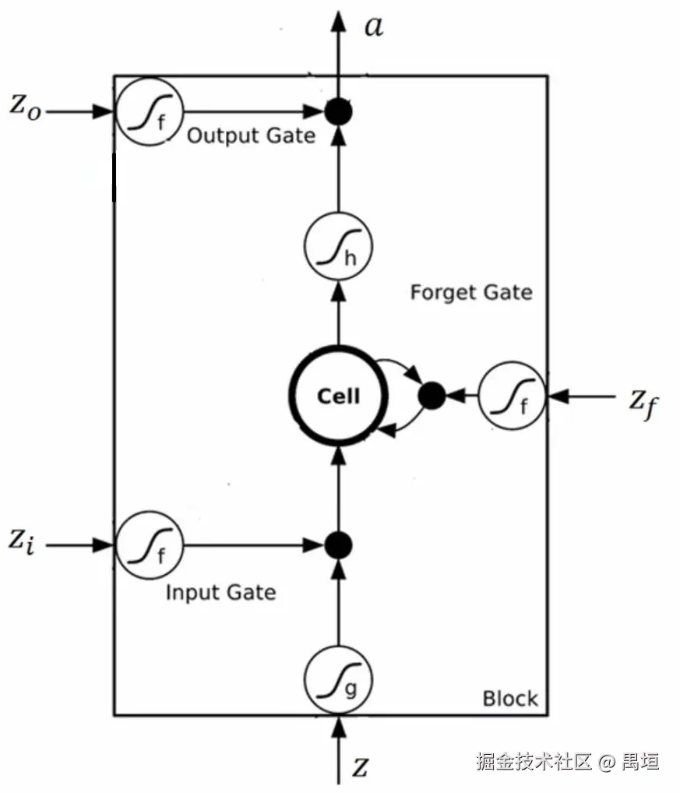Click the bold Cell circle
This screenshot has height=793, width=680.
pos(338,396)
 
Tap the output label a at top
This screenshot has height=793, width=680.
pos(374,26)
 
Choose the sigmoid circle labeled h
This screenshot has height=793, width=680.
pos(338,247)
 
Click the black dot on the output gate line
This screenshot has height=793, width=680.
pos(338,112)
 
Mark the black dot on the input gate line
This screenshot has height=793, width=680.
pos(338,545)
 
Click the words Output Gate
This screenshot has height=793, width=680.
pos(252,136)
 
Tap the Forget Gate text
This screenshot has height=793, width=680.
pos(471,293)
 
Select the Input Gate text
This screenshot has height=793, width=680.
pos(220,592)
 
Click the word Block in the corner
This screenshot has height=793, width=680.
pos(510,698)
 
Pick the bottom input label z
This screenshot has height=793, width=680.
pos(359,768)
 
